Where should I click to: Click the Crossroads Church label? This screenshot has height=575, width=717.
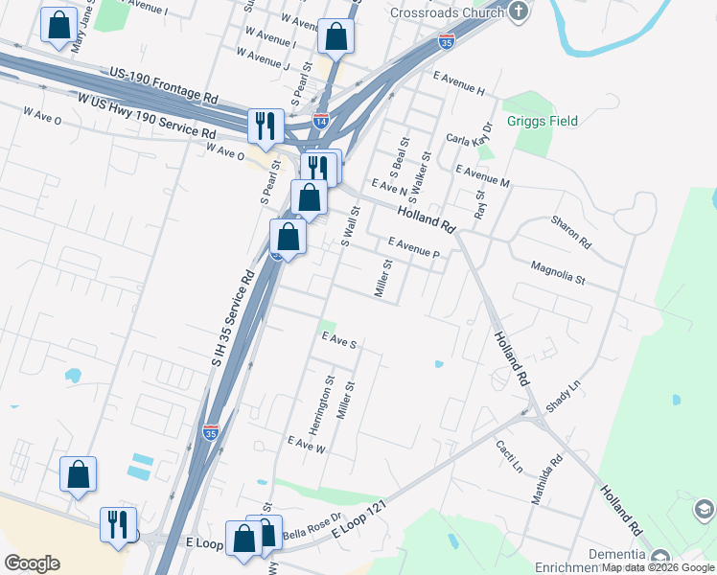tap(447, 12)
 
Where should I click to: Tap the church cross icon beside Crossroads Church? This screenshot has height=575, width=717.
tap(519, 11)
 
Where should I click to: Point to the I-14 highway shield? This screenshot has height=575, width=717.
tap(321, 122)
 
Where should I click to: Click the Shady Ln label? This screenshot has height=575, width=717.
tap(564, 397)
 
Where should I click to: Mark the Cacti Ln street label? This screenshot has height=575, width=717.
tap(509, 456)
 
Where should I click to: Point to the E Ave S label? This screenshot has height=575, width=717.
tap(339, 341)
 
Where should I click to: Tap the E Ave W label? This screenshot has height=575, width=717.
tap(308, 445)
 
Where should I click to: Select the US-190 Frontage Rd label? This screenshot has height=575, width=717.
tap(164, 84)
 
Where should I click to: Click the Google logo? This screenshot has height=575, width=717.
tap(32, 563)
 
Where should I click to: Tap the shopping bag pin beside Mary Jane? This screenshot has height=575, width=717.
tap(59, 26)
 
